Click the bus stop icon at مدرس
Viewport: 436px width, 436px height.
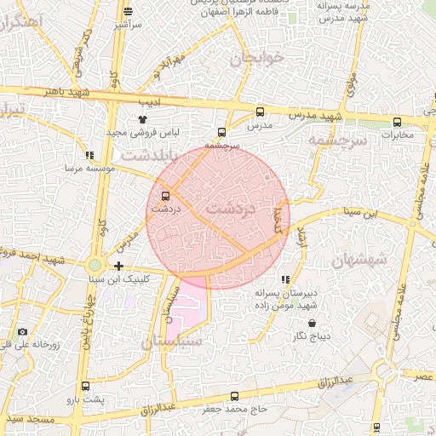coord(260,112)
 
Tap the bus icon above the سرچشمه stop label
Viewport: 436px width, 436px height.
coord(222,132)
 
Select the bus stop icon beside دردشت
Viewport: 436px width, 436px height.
coord(165,196)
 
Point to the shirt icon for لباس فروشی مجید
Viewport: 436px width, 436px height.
coord(142,121)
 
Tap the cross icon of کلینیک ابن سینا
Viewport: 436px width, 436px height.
coord(118,267)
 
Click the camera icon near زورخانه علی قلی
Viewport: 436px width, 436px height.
coord(22,331)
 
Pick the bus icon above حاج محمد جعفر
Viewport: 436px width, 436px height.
coord(235,396)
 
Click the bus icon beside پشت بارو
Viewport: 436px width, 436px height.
coord(70,398)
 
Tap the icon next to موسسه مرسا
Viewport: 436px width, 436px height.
coord(89,156)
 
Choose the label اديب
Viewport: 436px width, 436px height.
coord(150,102)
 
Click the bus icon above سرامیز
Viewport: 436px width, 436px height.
coord(128,11)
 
